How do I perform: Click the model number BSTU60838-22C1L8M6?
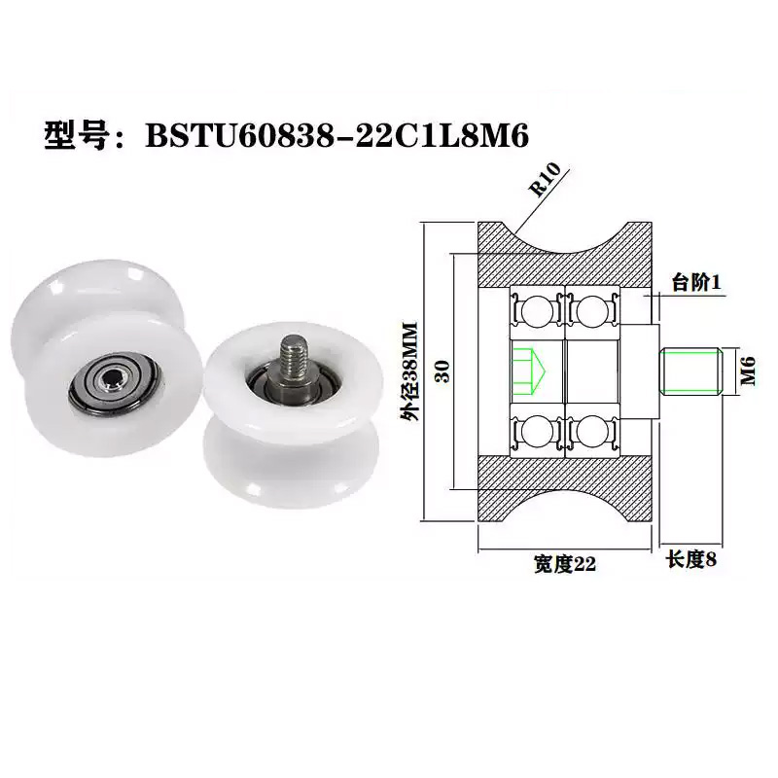tap(336, 136)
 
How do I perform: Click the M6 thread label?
tap(747, 371)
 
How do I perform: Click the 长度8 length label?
tap(691, 561)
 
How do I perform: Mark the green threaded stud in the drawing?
tap(691, 371)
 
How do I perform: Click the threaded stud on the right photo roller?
tap(293, 355)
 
